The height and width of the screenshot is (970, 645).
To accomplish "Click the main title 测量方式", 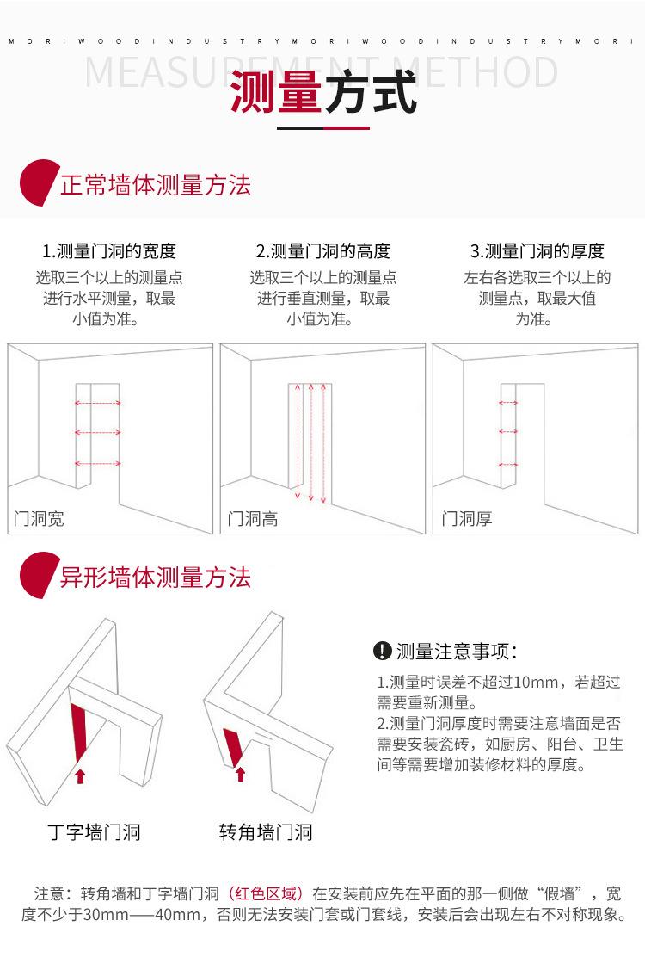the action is [323, 93].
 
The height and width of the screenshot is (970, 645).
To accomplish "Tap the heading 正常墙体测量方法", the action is [155, 185].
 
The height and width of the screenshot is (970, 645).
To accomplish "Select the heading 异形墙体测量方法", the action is [155, 577].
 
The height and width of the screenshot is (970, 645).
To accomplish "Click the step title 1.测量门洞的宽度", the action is [109, 251].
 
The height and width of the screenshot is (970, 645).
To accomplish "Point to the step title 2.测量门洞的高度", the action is [323, 251].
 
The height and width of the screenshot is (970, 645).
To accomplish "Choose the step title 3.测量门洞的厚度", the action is [537, 251].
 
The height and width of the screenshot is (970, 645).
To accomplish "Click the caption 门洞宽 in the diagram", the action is [40, 518].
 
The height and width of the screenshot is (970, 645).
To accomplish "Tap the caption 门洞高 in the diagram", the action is [253, 518].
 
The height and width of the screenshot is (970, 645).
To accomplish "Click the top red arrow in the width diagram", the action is [97, 403].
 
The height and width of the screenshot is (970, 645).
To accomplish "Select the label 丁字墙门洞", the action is [94, 832].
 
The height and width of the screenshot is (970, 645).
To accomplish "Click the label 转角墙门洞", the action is [265, 832].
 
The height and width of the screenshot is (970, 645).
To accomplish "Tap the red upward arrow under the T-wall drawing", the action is [80, 776].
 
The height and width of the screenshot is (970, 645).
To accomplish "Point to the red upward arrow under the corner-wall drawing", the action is [240, 774].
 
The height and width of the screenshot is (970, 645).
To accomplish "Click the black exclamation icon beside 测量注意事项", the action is [383, 652].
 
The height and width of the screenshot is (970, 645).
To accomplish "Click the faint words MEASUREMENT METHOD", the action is [322, 72].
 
